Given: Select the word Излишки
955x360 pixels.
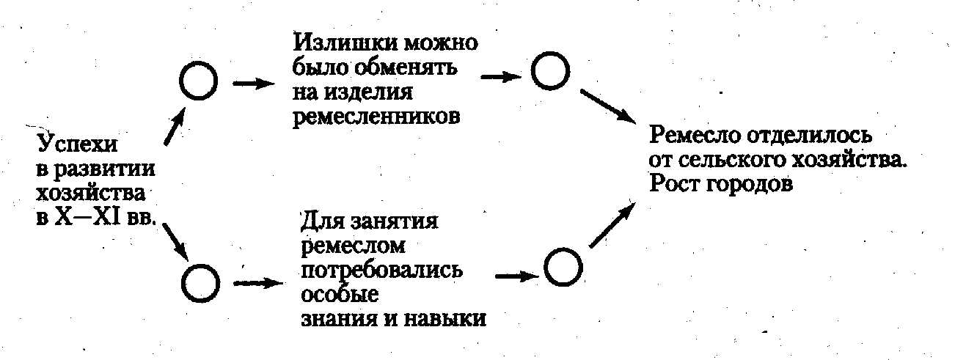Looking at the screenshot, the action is [334, 43].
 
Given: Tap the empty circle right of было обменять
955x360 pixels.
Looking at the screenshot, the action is [550, 70].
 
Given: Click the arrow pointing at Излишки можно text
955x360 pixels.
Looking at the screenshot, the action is [254, 82].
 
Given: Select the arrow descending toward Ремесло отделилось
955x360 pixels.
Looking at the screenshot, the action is [608, 106].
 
